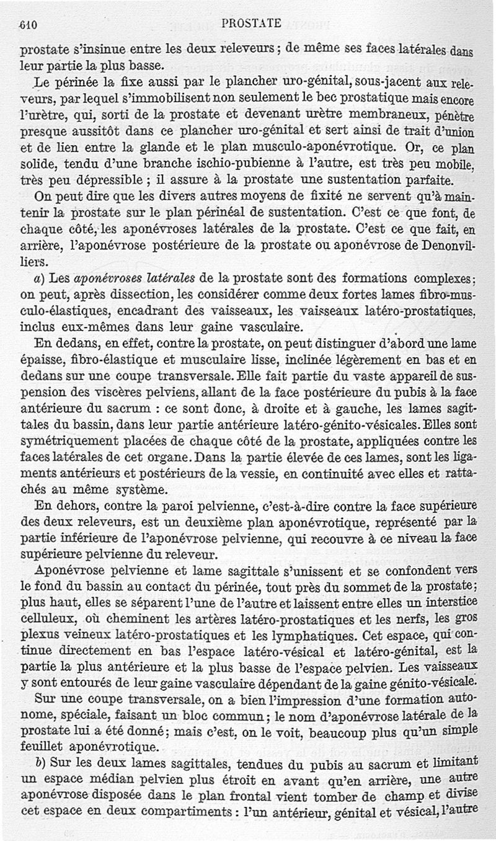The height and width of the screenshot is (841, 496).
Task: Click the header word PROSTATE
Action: [x=251, y=24]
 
